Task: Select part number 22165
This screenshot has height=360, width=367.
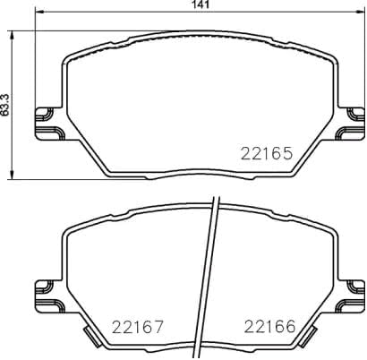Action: click(268, 153)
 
